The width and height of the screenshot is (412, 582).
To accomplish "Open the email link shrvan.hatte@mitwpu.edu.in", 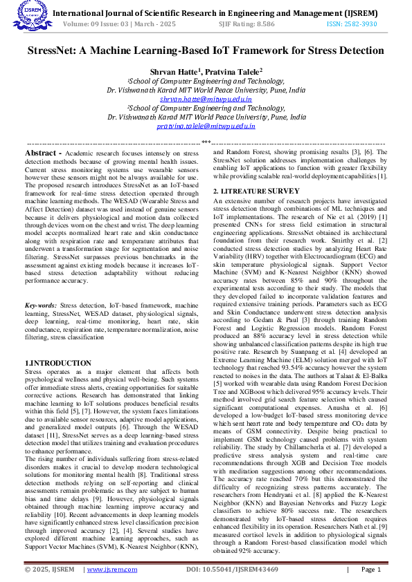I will (206, 99).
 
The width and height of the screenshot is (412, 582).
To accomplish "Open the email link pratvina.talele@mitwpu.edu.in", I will (206, 126).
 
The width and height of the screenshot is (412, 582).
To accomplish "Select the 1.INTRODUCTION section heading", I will (57, 362).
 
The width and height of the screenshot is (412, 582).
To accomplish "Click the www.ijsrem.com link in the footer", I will (111, 570).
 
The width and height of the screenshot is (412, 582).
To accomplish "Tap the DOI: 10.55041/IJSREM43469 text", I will (232, 570).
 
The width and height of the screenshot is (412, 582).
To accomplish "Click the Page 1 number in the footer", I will (371, 570).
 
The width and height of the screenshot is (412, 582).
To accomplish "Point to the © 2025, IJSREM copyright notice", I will (49, 570).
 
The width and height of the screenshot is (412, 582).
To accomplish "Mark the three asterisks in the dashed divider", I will (206, 142).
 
